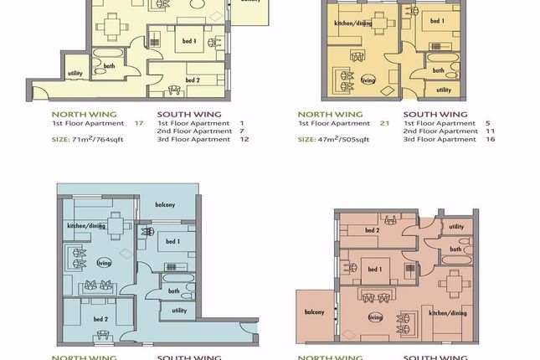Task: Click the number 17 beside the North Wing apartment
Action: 139,122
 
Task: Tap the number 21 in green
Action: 385,122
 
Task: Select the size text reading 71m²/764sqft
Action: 98,139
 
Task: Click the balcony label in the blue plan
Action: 164,205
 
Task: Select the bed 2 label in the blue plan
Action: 100,319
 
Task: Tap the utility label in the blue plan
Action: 179,310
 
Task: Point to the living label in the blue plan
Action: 104,261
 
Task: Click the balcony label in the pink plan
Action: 314,312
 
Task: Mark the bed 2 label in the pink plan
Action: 373,230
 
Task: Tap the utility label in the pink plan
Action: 456,226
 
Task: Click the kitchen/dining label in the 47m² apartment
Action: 352,23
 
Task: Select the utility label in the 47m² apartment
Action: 444,90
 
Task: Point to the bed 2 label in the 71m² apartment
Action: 193,80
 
